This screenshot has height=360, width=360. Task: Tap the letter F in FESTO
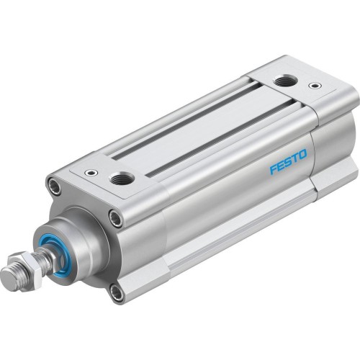[x=274, y=169]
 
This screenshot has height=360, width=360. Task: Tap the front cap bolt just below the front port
[x=116, y=218]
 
